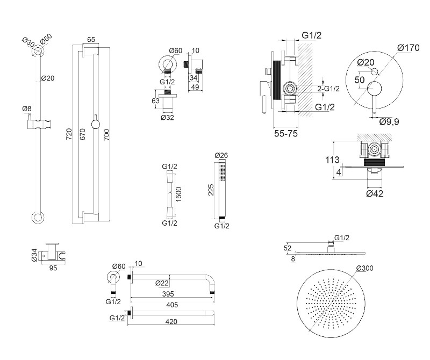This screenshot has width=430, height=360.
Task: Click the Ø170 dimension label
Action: tap(408, 48)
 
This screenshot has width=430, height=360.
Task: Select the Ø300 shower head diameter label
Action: tap(364, 268)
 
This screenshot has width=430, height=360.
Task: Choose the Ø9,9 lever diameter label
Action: tap(389, 122)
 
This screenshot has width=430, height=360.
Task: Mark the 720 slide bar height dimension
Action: tap(68, 134)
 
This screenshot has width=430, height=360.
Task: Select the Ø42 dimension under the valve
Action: tap(374, 193)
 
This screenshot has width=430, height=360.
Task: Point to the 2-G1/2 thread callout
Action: tap(327, 88)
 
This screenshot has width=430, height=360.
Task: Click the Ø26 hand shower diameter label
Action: tap(221, 156)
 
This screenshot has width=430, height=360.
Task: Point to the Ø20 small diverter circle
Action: tap(374, 72)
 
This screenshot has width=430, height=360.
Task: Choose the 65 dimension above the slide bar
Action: tap(90, 40)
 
